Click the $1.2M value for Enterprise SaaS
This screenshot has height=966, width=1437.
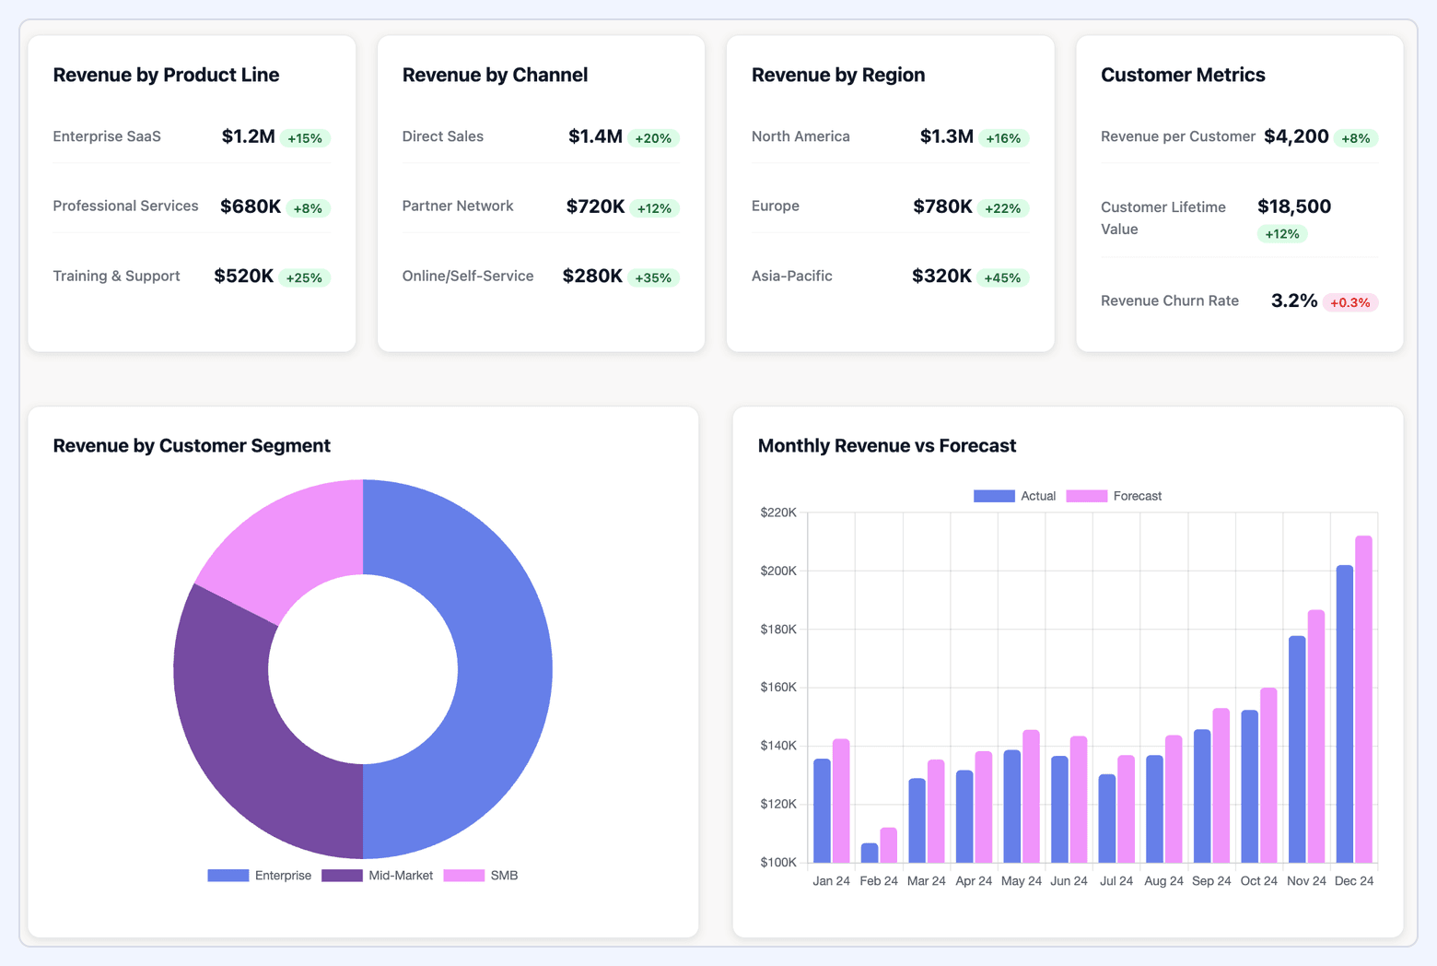248,136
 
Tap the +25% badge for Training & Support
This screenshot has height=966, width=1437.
304,277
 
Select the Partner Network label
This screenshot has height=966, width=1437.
457,206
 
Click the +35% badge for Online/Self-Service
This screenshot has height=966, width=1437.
653,277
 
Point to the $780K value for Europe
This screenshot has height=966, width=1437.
942,206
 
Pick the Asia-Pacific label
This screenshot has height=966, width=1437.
791,276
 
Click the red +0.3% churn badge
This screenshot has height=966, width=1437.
1349,302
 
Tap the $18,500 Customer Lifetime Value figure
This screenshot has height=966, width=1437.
1293,206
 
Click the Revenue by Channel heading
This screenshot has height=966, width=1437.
495,75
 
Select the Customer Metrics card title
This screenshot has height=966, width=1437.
1182,75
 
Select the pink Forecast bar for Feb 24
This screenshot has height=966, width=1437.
888,845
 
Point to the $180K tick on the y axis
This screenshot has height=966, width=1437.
778,630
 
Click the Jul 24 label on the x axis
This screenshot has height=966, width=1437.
1116,881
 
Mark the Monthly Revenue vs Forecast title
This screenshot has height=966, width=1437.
886,446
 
